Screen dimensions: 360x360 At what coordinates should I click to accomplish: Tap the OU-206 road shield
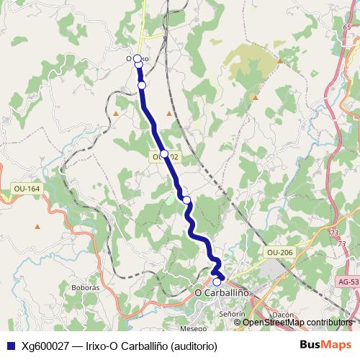279,252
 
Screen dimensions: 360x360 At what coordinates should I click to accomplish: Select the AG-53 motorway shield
348,282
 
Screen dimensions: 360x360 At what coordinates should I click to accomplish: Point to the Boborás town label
86,287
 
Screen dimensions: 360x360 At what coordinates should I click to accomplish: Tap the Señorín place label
233,315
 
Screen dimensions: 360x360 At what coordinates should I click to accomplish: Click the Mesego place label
194,328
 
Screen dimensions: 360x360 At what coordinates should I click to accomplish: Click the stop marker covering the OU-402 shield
164,154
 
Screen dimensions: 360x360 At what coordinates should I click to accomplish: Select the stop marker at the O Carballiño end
217,282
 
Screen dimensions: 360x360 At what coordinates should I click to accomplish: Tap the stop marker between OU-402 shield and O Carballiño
186,199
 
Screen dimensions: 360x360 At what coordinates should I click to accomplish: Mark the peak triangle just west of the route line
116,113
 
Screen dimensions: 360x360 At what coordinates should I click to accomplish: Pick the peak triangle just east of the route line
169,113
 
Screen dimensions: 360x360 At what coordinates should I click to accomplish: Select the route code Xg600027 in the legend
45,346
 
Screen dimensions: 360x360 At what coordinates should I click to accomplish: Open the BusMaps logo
325,345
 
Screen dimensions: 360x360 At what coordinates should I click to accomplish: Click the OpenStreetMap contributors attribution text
297,322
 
